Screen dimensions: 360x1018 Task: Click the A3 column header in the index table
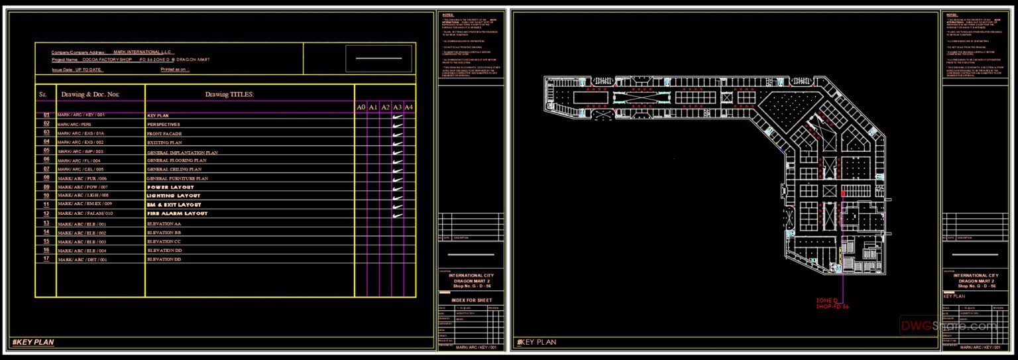[397, 107]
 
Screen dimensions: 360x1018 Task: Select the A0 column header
[361, 107]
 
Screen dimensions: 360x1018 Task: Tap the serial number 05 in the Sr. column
[46, 150]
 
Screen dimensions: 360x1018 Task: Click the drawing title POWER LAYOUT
[170, 187]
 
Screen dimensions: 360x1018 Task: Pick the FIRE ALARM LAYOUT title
[177, 213]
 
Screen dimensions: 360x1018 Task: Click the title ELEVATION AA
[164, 224]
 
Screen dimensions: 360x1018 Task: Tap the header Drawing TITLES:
[229, 95]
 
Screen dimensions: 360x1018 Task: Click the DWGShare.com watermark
[948, 326]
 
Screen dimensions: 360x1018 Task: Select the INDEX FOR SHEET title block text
[469, 300]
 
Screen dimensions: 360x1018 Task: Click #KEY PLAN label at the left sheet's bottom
[32, 342]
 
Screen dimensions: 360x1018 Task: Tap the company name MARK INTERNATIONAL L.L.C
[142, 52]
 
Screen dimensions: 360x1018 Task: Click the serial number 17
[46, 259]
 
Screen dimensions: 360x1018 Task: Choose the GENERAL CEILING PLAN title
[176, 169]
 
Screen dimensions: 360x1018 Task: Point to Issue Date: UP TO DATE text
[77, 69]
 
